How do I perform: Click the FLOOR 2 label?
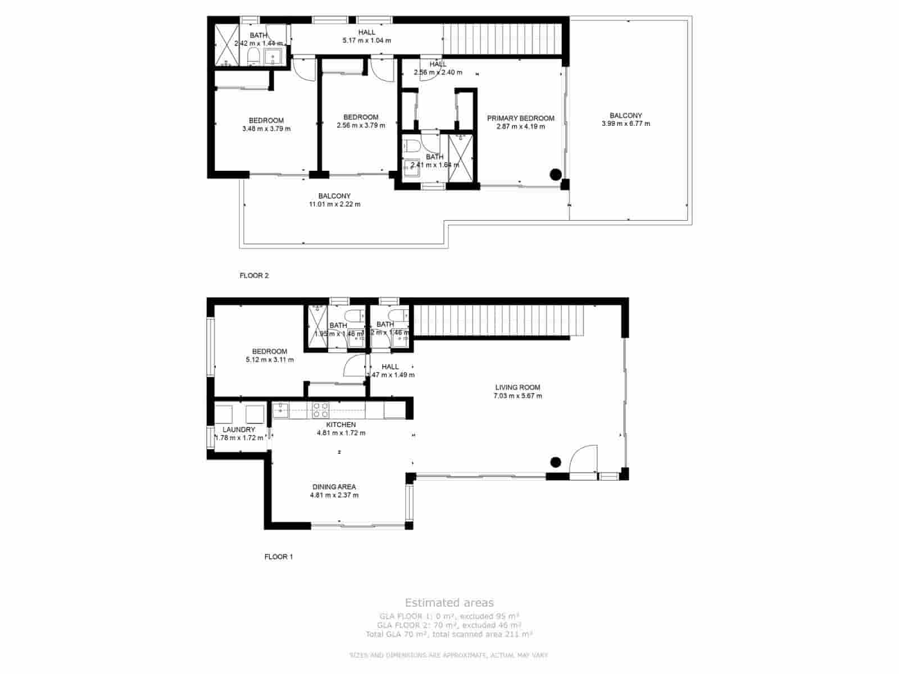tap(254, 276)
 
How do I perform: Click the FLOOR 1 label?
tap(279, 557)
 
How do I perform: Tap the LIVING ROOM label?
tap(517, 387)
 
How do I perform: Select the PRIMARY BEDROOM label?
tap(520, 118)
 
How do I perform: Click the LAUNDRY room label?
tap(239, 430)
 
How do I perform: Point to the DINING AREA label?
tap(334, 487)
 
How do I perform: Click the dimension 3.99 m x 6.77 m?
tap(625, 124)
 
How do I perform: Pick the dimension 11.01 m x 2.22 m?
tap(334, 204)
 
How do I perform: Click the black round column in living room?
tap(555, 462)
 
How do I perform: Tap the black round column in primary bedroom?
tap(555, 175)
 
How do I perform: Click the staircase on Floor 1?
tap(497, 321)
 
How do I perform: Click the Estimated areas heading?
tap(449, 603)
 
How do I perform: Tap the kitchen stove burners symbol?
tap(321, 410)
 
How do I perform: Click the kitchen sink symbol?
tap(280, 409)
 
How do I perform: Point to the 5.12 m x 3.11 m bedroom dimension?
tap(270, 360)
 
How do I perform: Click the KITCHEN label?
tap(341, 425)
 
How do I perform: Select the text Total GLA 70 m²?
tap(396, 634)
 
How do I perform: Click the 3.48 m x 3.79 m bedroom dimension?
tap(266, 129)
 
